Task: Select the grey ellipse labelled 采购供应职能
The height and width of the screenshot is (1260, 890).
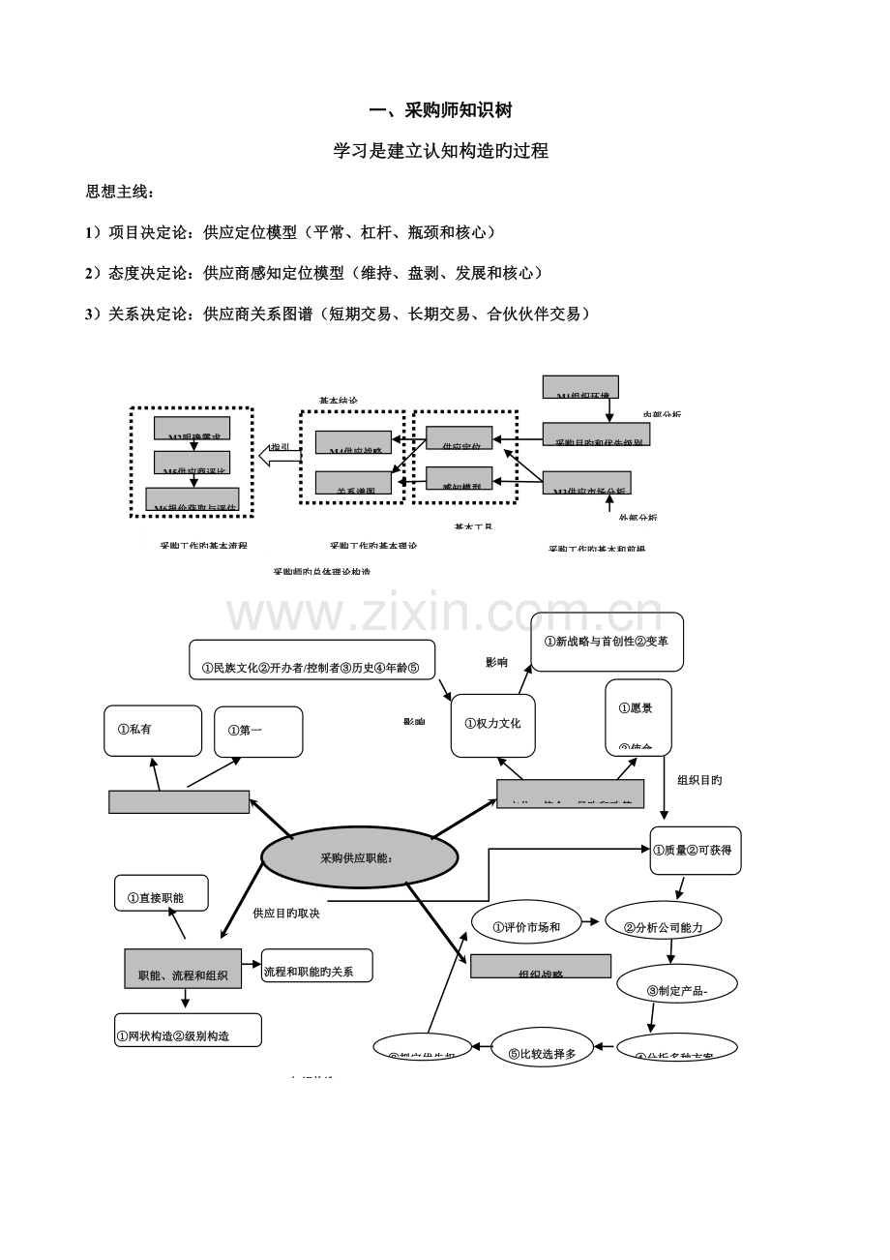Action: pyautogui.click(x=360, y=856)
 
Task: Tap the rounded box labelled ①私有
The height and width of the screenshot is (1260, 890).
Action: pyautogui.click(x=146, y=731)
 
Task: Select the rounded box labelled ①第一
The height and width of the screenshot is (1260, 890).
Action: pyautogui.click(x=258, y=731)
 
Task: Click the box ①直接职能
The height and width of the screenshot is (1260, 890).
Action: pyautogui.click(x=162, y=897)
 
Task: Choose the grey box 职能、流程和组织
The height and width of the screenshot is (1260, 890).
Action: pyautogui.click(x=183, y=969)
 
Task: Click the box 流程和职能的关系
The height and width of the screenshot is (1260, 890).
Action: pyautogui.click(x=316, y=965)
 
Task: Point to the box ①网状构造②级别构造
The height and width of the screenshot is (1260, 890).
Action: pyautogui.click(x=188, y=1030)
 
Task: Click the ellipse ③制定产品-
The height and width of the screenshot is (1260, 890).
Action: pyautogui.click(x=676, y=989)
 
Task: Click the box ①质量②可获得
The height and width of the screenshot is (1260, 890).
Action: pyautogui.click(x=695, y=851)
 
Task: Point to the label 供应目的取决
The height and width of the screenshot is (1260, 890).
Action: pyautogui.click(x=285, y=913)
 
